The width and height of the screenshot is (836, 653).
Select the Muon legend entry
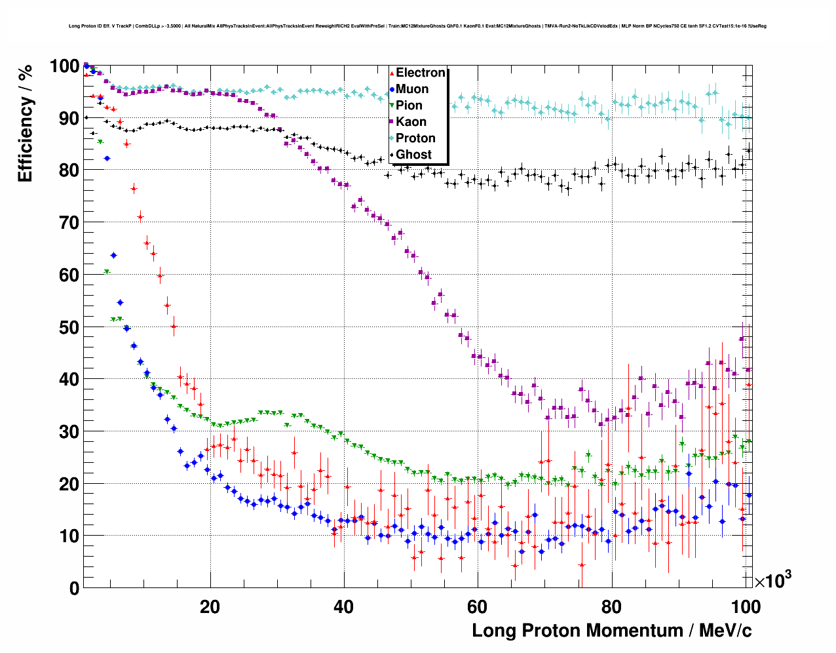[412, 89]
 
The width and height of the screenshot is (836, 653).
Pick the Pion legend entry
[409, 106]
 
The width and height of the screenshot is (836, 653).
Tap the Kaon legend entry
[411, 122]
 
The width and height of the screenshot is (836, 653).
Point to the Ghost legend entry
[413, 155]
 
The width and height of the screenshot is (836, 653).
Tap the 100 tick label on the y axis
[64, 66]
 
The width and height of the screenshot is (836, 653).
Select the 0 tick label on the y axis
[74, 588]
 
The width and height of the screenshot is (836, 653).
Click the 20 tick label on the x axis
[210, 606]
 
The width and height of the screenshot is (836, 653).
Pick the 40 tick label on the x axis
[344, 606]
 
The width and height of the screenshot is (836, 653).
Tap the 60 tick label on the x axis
[478, 606]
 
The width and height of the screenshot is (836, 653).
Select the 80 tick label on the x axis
[611, 606]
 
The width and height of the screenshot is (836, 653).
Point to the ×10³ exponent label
[772, 580]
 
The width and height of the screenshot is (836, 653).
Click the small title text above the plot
[417, 26]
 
